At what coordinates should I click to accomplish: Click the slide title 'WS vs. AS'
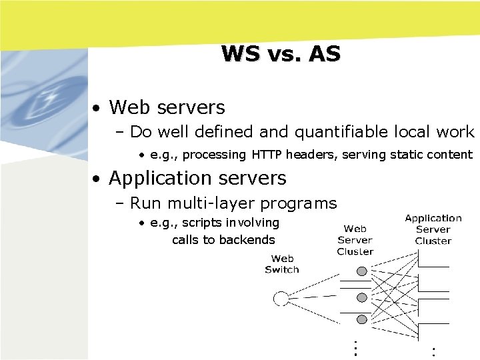281,53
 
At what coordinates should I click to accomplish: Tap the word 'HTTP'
267,155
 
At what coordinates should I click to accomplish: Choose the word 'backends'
251,240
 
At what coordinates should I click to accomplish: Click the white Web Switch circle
281,298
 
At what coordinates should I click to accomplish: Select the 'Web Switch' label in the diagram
282,264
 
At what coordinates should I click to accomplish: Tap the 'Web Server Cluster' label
355,240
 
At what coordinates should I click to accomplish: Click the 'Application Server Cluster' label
433,229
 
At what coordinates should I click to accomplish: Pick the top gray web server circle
362,271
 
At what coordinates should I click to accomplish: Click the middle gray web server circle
362,297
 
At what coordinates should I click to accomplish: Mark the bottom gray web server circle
362,319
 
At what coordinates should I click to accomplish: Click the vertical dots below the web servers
356,347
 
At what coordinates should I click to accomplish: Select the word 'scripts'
203,223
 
